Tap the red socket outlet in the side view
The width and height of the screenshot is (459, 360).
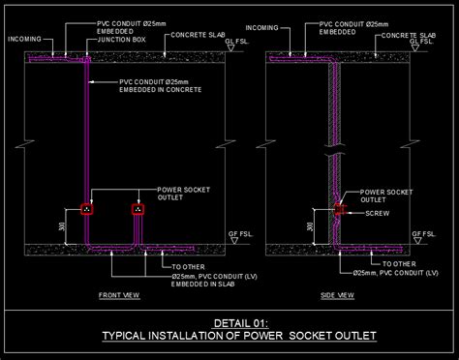click(x=339, y=209)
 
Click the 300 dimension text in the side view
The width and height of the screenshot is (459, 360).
click(x=310, y=229)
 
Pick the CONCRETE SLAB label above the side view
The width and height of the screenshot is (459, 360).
click(x=409, y=34)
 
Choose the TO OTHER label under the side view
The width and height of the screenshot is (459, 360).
click(x=398, y=262)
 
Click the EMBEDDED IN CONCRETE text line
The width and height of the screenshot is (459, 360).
click(x=160, y=90)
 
